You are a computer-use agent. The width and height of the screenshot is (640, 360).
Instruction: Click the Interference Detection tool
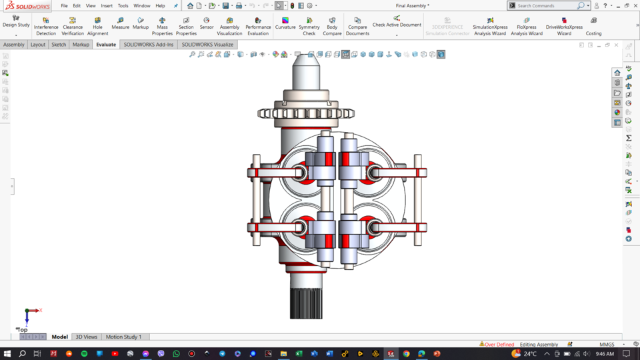coord(46,26)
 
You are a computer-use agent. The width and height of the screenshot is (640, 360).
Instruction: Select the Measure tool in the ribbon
coord(120,23)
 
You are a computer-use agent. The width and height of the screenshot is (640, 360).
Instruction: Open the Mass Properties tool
coord(162,26)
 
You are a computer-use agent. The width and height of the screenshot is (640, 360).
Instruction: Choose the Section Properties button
coord(186,26)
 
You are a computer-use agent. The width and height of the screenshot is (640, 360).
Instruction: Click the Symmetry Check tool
coord(309,26)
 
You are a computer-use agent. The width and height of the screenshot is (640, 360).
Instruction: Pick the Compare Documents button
coord(357,26)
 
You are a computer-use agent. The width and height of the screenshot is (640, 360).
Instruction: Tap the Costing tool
coord(593,26)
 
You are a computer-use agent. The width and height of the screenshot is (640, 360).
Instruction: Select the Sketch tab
coord(59,45)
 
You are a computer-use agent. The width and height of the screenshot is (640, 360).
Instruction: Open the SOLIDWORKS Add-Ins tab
coord(147,45)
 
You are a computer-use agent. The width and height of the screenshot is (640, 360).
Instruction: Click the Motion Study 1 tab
coord(123,337)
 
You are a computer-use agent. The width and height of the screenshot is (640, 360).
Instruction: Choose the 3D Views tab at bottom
coord(86,337)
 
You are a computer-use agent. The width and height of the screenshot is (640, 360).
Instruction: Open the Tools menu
coord(123,5)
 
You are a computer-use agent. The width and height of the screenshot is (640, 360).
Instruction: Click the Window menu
coord(141,5)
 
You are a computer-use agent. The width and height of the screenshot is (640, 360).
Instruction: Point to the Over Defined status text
coord(499,345)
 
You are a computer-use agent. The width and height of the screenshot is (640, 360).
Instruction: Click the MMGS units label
coord(607,345)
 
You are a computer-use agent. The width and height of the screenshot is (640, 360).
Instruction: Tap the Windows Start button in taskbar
coord(7,354)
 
